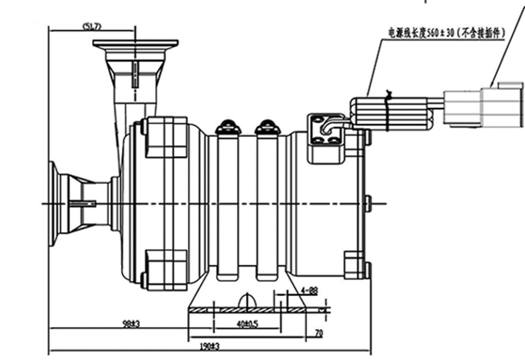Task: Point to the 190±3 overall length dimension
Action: pyautogui.click(x=210, y=347)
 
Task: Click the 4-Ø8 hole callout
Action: pyautogui.click(x=309, y=291)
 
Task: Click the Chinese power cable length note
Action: pyautogui.click(x=447, y=33)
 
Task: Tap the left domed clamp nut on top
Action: pyautogui.click(x=229, y=126)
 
